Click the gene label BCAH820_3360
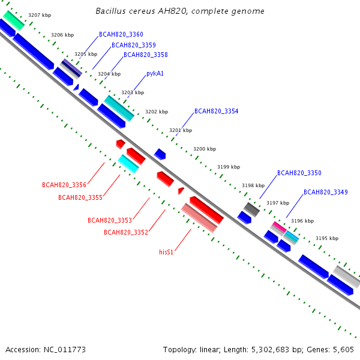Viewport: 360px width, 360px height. click(121, 34)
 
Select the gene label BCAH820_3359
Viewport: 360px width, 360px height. click(134, 45)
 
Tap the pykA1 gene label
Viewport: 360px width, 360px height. click(155, 73)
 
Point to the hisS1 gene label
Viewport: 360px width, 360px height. click(166, 252)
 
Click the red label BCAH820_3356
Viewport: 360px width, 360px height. click(64, 185)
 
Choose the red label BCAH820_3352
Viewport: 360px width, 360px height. click(126, 232)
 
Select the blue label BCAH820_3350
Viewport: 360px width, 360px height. click(299, 173)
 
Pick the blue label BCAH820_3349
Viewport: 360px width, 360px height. click(326, 192)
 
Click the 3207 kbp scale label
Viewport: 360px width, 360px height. click(40, 15)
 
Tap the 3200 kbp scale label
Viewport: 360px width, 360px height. click(205, 149)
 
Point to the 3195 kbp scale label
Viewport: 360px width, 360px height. click(327, 238)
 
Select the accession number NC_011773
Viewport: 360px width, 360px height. click(65, 350)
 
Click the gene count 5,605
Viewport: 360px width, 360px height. click(343, 350)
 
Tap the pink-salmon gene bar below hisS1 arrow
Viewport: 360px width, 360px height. click(199, 218)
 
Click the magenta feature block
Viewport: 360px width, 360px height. click(280, 227)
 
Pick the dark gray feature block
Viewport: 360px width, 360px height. click(251, 209)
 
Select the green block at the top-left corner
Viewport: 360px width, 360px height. click(14, 20)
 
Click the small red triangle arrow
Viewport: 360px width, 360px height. click(181, 191)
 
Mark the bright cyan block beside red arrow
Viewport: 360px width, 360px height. click(128, 164)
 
